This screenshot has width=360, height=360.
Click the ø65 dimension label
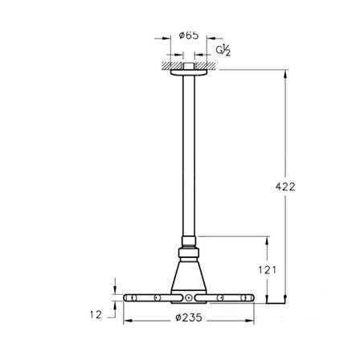point(189,35)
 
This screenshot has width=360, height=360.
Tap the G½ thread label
point(223,51)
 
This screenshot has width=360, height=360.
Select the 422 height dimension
point(285,186)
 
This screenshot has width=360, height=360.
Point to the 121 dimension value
point(267,270)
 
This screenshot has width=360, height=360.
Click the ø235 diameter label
point(189,317)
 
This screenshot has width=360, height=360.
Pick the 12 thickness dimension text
point(96,315)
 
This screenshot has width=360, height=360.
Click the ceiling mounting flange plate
point(189,72)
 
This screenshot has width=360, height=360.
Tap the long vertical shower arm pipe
point(189,156)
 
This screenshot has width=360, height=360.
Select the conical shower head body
point(189,276)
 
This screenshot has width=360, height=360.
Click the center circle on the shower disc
point(189,297)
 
